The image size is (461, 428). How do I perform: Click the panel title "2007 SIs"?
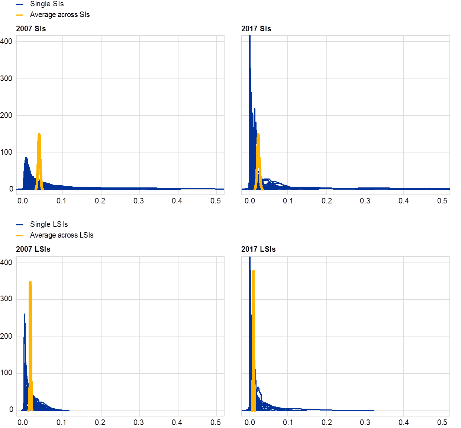31,29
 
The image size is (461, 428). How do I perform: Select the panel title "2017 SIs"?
256,29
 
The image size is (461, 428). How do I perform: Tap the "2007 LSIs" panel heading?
33,249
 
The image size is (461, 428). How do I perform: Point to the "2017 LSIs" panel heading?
258,249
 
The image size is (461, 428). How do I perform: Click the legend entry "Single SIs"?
47,4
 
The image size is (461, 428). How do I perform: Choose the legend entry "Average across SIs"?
60,15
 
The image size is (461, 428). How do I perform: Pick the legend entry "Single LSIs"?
49,225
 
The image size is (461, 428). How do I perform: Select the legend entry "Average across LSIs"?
62,235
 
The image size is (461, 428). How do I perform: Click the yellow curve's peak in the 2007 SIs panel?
39,134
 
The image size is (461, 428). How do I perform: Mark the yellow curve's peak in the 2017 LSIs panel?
253,271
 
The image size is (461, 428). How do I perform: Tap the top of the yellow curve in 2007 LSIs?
30,282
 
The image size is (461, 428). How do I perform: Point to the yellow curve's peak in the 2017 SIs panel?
258,134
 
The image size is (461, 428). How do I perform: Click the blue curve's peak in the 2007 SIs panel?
26,158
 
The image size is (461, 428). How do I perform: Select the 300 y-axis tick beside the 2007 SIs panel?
7,78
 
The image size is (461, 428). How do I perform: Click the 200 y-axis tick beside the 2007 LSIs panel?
7,336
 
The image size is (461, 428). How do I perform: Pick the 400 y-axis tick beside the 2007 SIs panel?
7,41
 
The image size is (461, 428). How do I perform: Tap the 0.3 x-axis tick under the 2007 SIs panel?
139,201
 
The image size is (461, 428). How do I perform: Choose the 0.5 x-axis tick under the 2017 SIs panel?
442,201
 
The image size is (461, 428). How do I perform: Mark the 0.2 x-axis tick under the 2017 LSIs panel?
327,422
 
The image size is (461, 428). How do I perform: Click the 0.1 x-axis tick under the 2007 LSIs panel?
62,422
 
